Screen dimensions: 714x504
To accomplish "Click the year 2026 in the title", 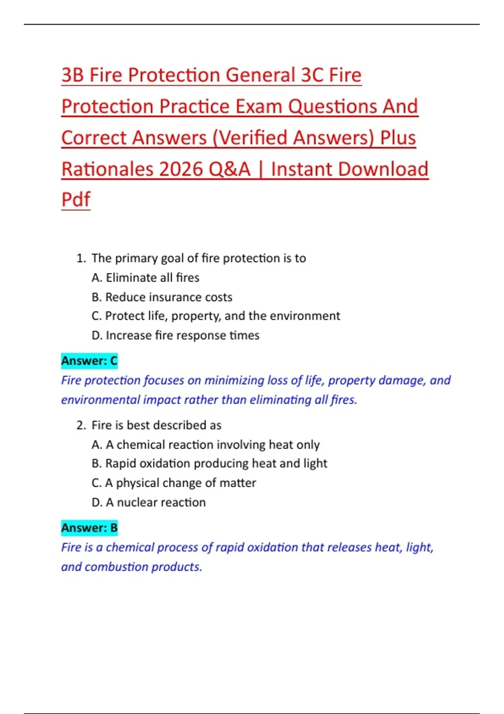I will [x=181, y=169].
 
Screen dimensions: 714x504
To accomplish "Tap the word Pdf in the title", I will [x=76, y=199].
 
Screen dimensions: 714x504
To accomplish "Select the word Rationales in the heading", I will [x=107, y=169].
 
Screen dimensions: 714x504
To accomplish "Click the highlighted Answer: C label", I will [x=89, y=361].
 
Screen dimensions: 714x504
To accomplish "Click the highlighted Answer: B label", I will [x=89, y=528].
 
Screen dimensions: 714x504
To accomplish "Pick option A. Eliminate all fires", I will [x=145, y=278].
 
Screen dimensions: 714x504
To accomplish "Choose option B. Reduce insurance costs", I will [x=162, y=297].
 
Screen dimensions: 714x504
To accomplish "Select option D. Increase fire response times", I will [x=175, y=335].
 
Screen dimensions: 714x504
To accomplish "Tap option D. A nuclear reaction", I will [x=148, y=502].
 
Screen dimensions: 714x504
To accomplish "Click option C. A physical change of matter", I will [x=173, y=483].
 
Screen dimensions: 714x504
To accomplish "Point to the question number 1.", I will [x=81, y=258].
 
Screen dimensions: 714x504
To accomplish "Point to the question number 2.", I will [x=81, y=425].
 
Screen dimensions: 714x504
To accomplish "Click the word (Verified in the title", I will [x=250, y=138].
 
